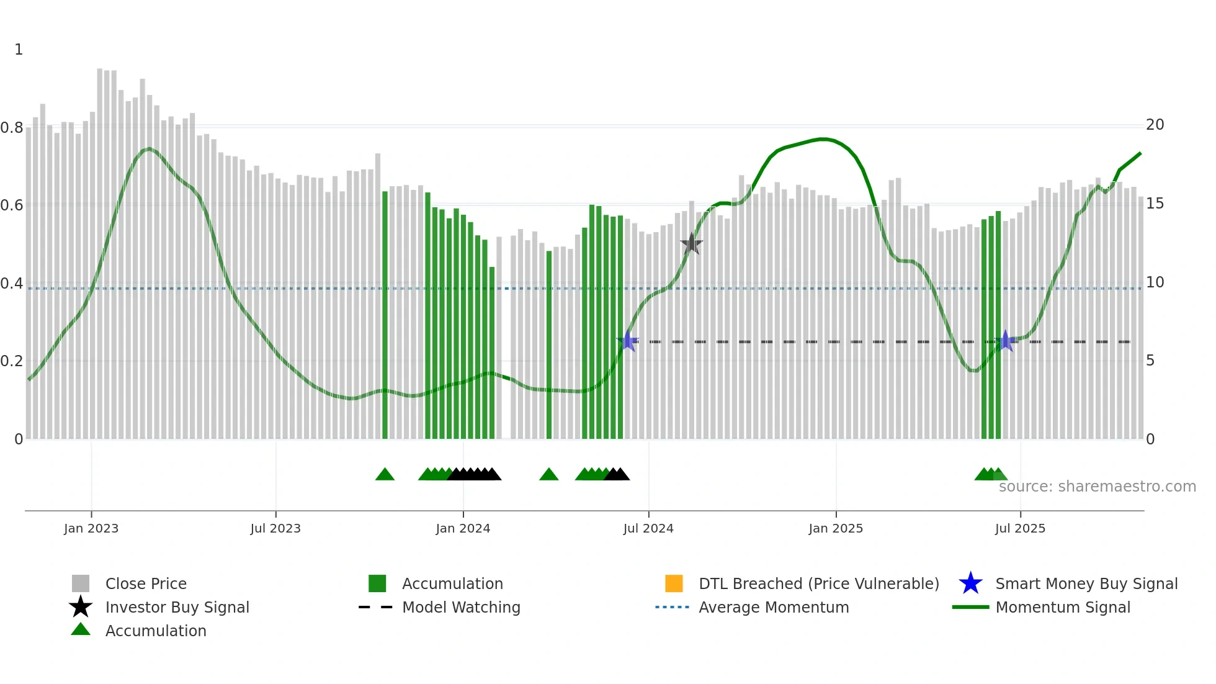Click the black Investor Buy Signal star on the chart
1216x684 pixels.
coord(691,244)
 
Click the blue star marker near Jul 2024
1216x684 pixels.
coord(628,341)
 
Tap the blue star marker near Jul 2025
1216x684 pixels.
coord(1006,341)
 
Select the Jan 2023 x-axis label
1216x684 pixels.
coord(91,528)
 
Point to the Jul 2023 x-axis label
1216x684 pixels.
coord(275,528)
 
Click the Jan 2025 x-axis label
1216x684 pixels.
coord(836,528)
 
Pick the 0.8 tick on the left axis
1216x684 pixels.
coord(12,128)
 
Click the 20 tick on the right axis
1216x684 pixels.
coord(1155,125)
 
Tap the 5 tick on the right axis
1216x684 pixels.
coord(1150,361)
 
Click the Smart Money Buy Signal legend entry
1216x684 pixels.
coord(1086,583)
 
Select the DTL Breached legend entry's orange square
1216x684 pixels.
coord(674,583)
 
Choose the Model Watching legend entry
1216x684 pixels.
coord(460,607)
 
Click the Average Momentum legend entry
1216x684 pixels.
coord(773,607)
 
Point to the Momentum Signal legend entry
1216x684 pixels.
coord(1062,607)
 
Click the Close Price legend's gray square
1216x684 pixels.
coord(81,583)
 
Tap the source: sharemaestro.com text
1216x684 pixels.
coord(1097,487)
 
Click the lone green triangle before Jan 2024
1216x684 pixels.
coord(385,475)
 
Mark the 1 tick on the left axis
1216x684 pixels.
coord(19,50)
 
